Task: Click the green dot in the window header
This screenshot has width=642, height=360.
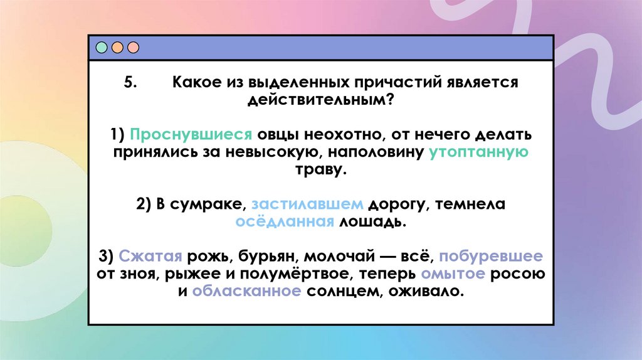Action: [101, 48]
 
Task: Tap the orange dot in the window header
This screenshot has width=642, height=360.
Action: [132, 48]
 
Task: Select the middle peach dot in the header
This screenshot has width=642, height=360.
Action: [117, 48]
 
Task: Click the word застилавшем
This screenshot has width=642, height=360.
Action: [307, 204]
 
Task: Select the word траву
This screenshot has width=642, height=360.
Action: [320, 169]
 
